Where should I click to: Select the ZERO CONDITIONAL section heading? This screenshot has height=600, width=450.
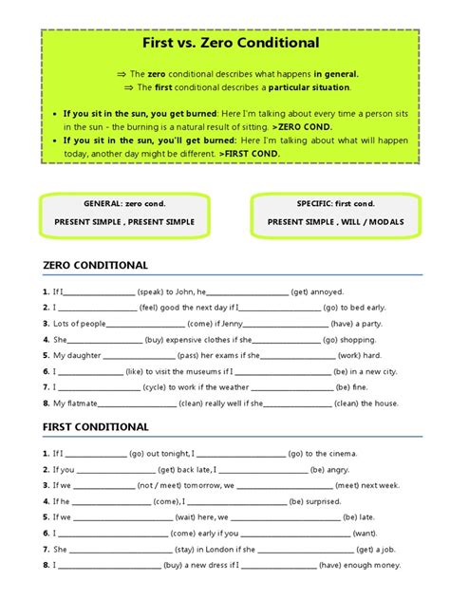click(96, 265)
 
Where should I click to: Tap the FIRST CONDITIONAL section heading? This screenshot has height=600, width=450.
click(96, 426)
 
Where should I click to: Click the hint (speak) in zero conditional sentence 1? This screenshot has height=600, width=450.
click(156, 291)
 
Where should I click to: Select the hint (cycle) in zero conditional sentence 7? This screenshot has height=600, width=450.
click(157, 387)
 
